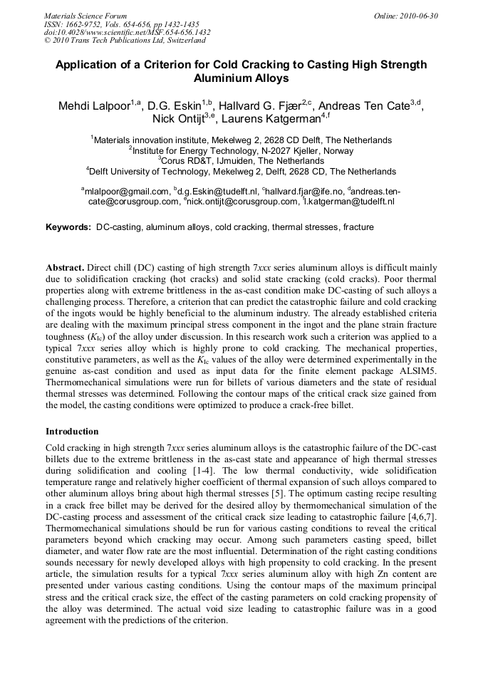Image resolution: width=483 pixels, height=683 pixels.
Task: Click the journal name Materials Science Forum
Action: click(x=85, y=16)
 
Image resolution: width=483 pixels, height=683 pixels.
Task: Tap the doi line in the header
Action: click(x=127, y=32)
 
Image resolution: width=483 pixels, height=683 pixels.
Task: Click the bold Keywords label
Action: click(x=68, y=227)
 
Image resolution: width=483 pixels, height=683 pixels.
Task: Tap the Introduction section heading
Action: click(x=72, y=432)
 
